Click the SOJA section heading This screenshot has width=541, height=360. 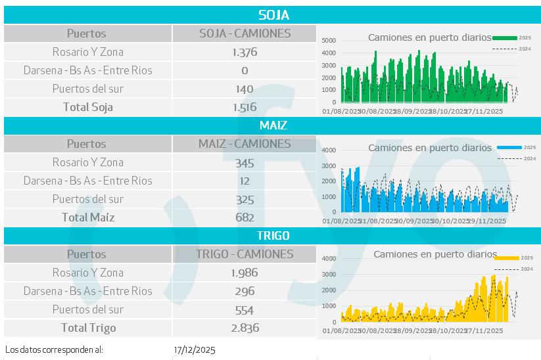[273, 15]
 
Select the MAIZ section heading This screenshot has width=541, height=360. [273, 125]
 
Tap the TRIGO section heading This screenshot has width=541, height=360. [273, 235]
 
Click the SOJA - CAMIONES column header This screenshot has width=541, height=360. [245, 34]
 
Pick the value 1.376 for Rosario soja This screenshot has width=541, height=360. [245, 52]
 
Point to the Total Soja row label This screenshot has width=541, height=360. [87, 107]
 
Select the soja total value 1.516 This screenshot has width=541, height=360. [245, 107]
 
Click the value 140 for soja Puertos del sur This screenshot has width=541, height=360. [245, 89]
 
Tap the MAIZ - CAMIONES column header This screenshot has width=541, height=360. [245, 144]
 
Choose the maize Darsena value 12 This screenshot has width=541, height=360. [245, 181]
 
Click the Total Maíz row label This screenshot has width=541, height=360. [87, 217]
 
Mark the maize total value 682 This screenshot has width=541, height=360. [245, 217]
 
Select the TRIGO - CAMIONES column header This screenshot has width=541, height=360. [245, 254]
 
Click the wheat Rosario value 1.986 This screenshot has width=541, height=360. [245, 273]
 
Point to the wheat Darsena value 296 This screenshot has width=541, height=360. [245, 291]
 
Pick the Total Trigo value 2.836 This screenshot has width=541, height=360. [245, 328]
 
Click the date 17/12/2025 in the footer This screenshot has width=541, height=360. [195, 349]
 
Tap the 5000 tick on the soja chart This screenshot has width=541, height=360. [329, 40]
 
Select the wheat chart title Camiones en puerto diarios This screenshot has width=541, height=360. [435, 254]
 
